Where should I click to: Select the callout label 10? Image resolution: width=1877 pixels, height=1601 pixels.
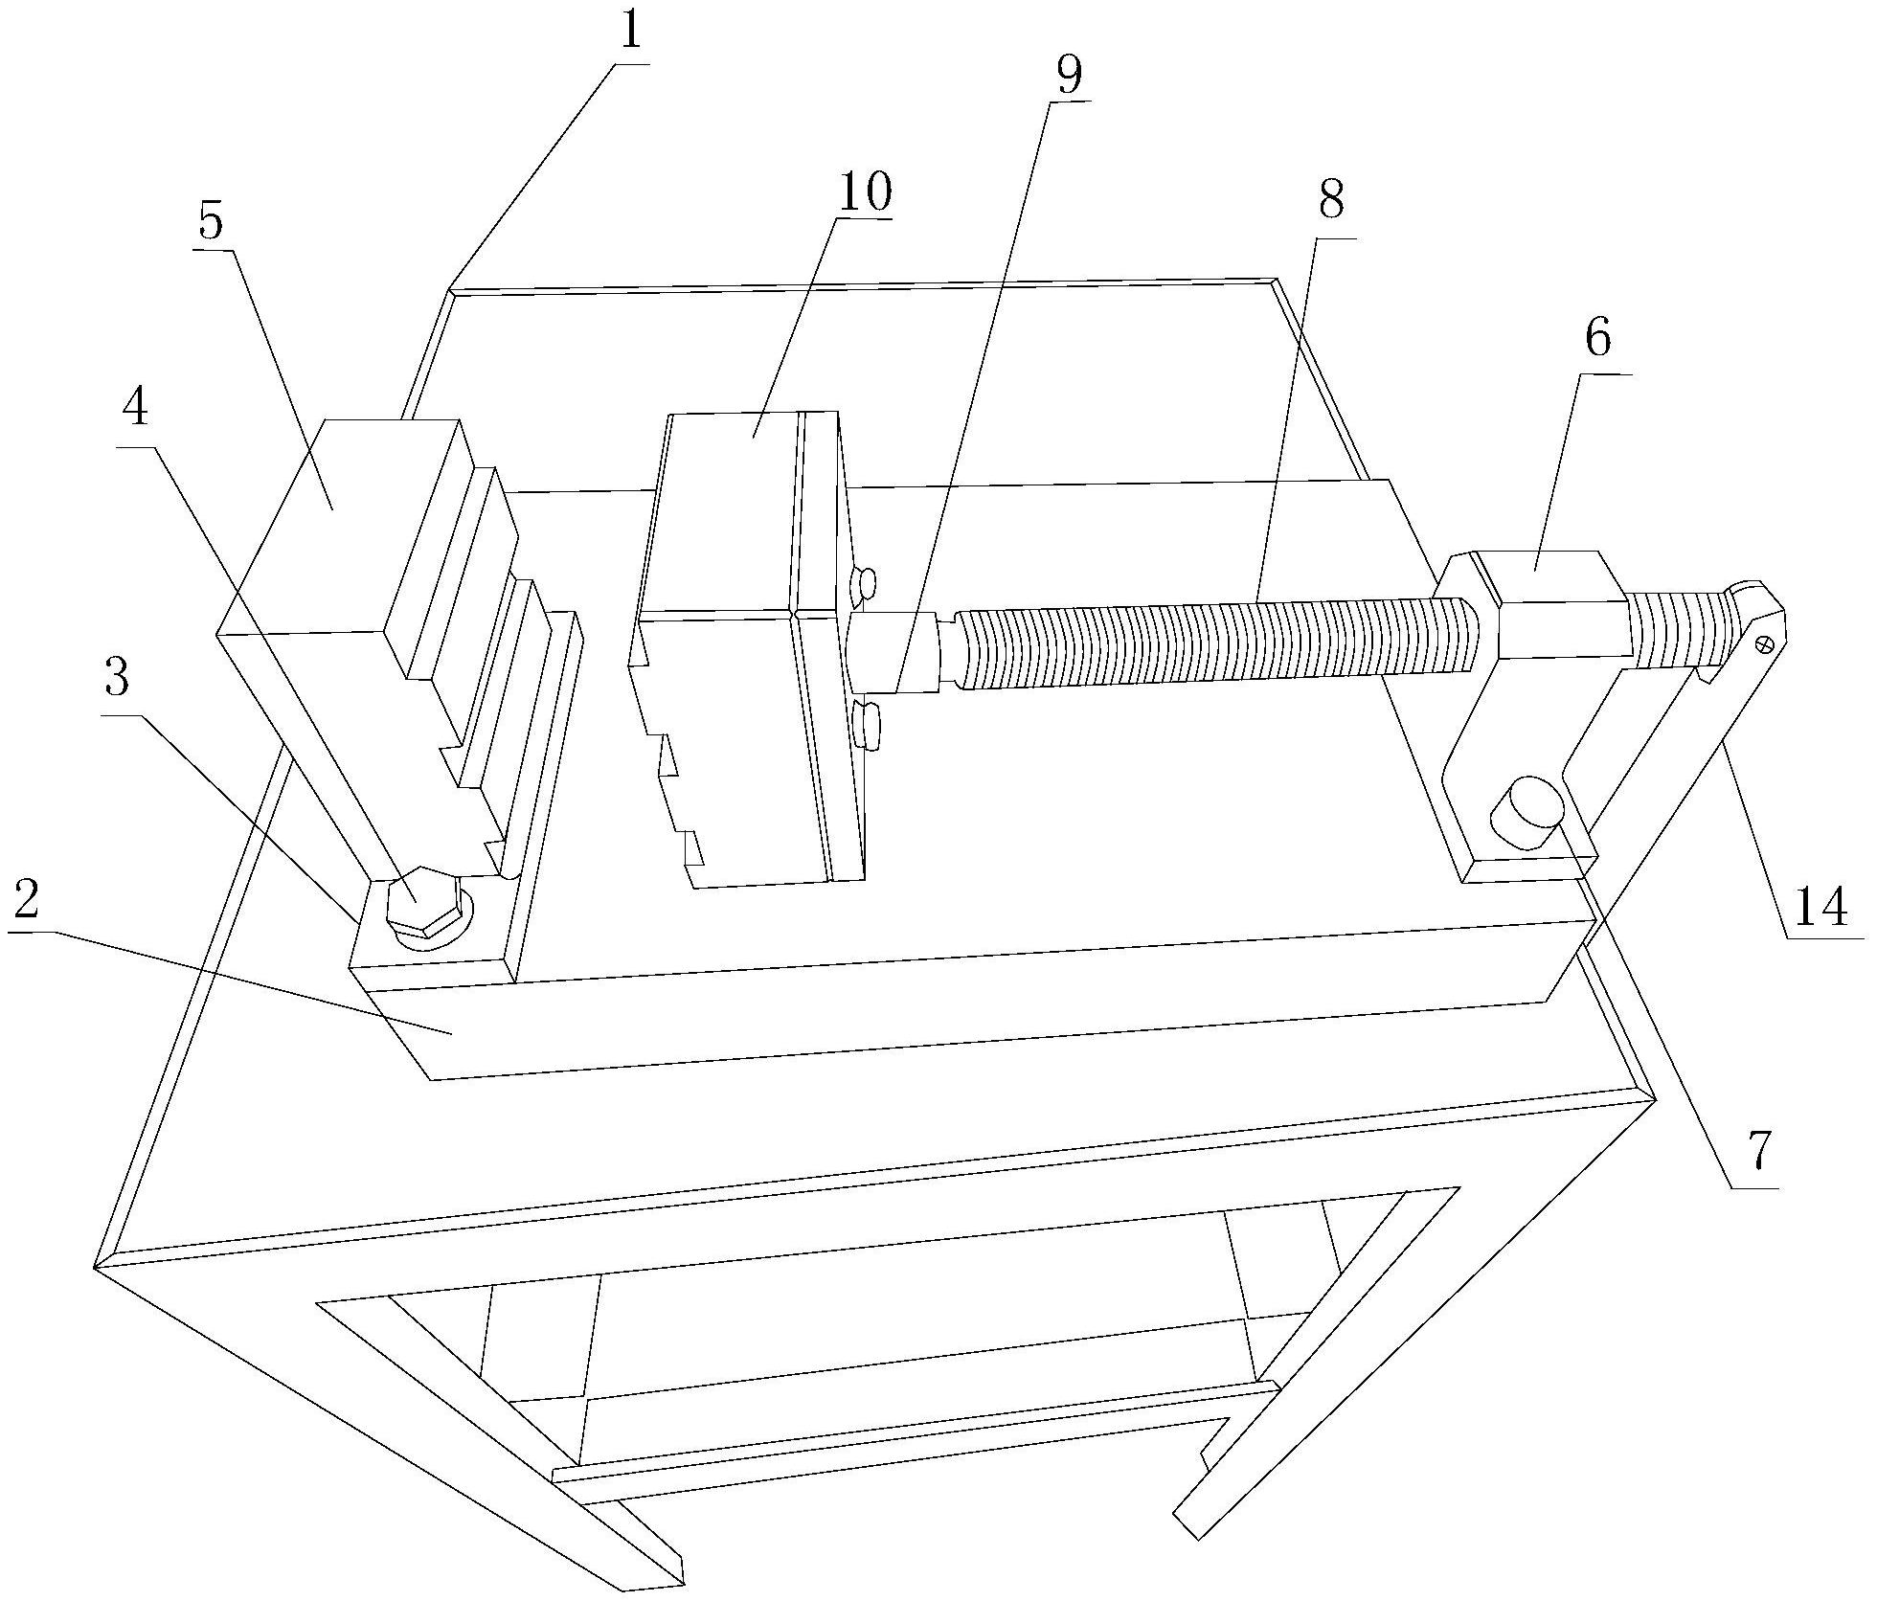[864, 192]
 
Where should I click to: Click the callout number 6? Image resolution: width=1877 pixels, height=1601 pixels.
[1598, 340]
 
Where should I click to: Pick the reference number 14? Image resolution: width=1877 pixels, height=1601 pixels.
[1820, 906]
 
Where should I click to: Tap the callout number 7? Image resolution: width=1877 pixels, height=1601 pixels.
[1760, 1152]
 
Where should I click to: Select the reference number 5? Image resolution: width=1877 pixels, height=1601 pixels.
[211, 222]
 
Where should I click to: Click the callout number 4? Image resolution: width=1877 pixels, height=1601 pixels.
[135, 409]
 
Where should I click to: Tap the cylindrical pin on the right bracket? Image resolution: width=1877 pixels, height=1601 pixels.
[1526, 812]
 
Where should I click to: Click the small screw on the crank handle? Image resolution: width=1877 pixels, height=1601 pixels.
[1761, 645]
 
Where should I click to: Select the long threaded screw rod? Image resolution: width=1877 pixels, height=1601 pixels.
[1216, 642]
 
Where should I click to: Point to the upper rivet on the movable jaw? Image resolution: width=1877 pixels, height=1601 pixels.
[864, 583]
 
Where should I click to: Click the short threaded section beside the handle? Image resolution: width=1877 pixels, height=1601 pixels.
[1676, 629]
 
